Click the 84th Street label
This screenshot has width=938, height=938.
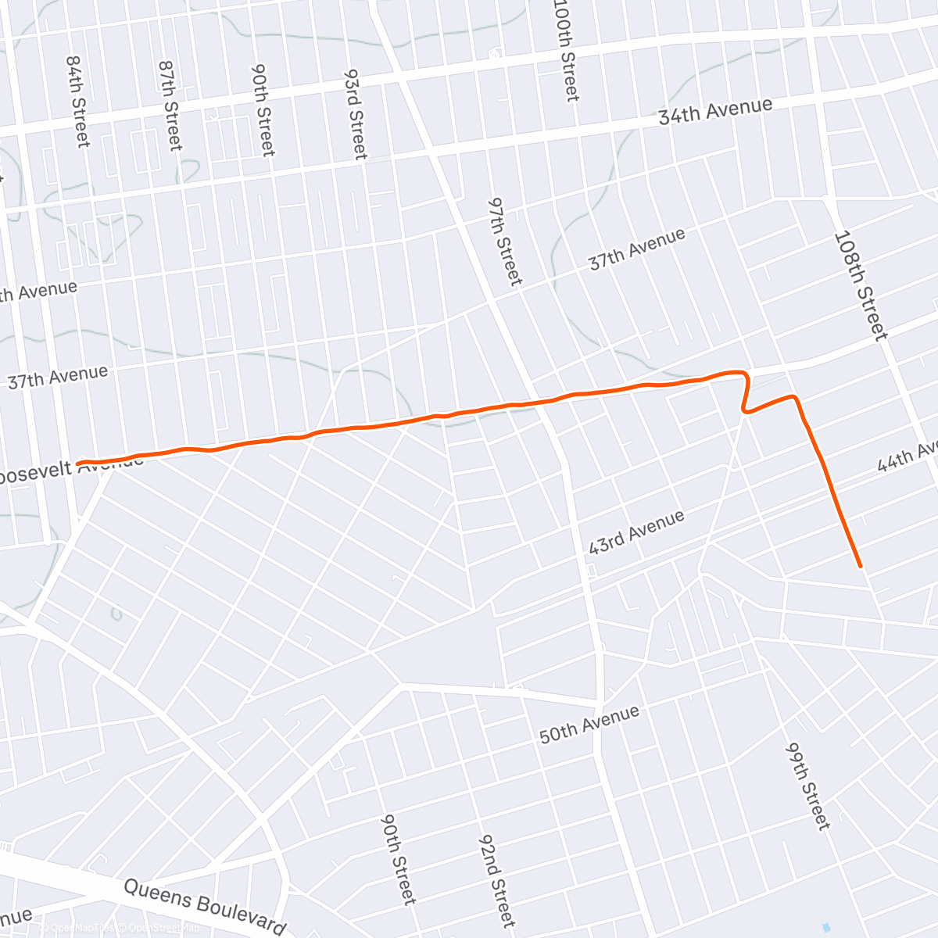tap(78, 101)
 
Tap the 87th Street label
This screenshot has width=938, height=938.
tap(170, 106)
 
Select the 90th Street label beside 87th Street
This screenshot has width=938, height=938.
tap(263, 109)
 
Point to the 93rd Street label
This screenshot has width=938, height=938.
tap(356, 113)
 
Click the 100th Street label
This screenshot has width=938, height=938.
tap(567, 52)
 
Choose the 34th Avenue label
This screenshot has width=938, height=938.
tap(714, 111)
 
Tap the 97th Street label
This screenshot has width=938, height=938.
tap(504, 240)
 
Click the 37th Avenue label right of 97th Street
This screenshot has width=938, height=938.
tap(636, 249)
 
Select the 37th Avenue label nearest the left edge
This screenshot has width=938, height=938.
tap(57, 377)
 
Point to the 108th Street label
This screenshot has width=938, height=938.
tap(861, 285)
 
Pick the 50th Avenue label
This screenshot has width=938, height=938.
tap(589, 724)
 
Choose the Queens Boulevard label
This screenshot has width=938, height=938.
tap(205, 906)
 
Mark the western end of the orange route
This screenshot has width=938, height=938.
tap(78, 464)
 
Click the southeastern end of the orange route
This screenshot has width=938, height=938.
tap(860, 565)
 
